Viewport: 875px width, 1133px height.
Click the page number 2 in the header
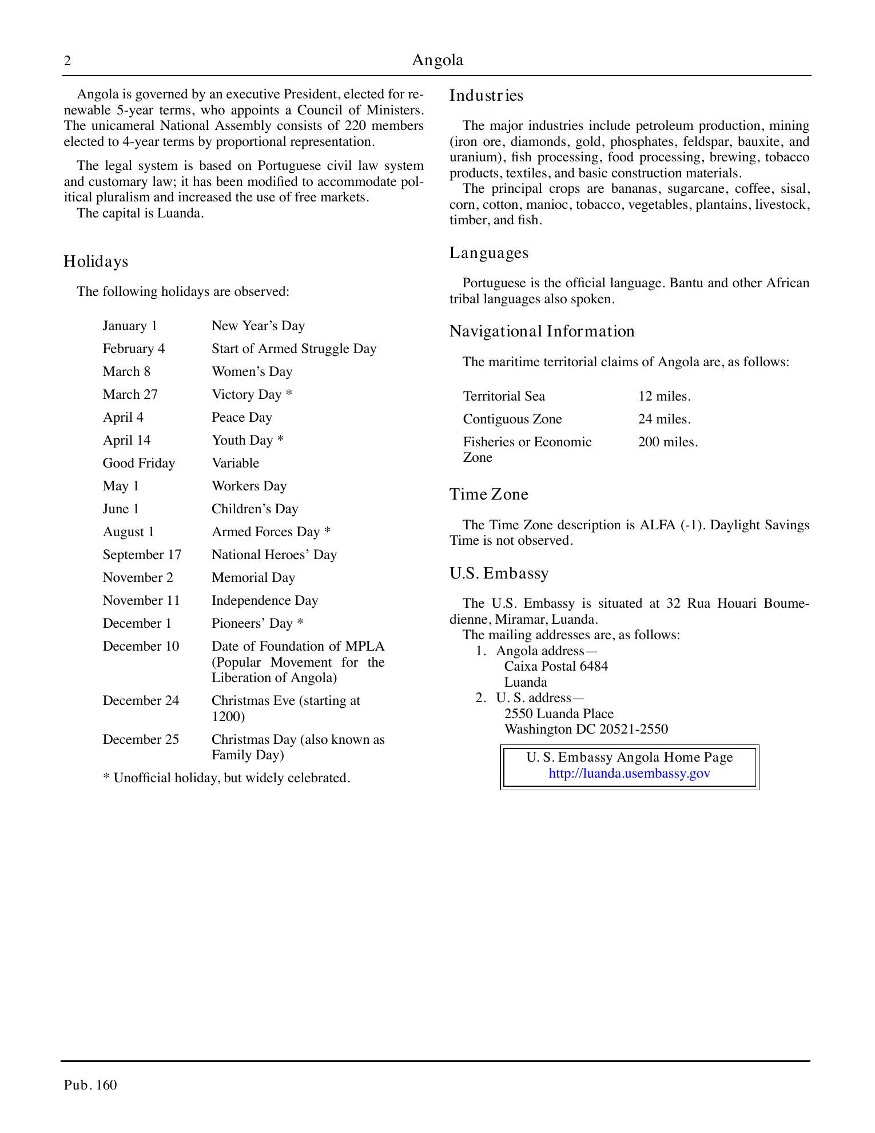point(67,61)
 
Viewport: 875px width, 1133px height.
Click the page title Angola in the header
point(437,60)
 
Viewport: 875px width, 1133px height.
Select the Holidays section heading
point(96,262)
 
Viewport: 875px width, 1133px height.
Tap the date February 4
point(134,348)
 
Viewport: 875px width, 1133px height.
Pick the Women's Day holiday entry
point(252,371)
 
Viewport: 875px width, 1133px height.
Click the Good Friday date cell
point(139,463)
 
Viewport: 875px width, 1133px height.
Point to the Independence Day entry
point(265,600)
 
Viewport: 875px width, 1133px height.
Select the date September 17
point(142,554)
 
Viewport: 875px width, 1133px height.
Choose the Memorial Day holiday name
point(253,577)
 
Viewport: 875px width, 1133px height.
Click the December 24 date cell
point(141,700)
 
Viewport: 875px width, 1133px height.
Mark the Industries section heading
point(486,96)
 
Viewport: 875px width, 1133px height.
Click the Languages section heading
point(489,253)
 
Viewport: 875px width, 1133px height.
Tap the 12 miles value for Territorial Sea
point(665,396)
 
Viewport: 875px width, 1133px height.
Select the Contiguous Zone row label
point(512,419)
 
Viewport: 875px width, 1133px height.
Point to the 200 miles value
point(668,442)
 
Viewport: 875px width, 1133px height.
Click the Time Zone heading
point(489,494)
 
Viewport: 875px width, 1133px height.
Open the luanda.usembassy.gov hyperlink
point(629,774)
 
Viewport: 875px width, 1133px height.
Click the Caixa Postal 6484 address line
point(556,666)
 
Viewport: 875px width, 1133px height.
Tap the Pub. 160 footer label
point(90,1085)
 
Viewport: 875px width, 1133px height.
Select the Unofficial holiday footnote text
point(226,778)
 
